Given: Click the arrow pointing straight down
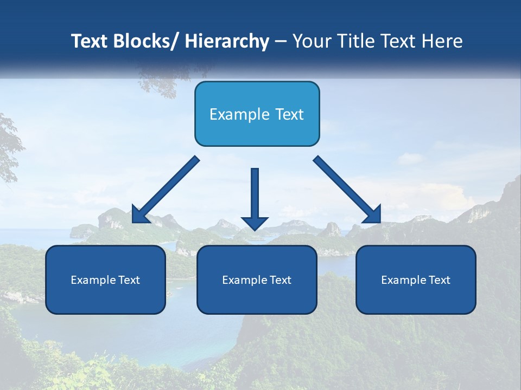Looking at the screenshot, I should tap(255, 198).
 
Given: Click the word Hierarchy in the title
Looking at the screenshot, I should tap(227, 41).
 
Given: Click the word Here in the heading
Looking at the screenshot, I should tap(442, 41).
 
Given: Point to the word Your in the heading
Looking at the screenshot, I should tap(312, 41).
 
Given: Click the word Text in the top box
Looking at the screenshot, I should tap(289, 114).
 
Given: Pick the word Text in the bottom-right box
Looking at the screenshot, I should tap(440, 280).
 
